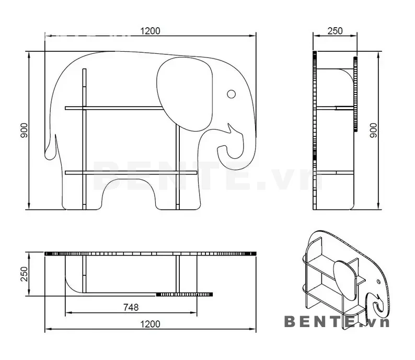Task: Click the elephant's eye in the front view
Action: tap(232, 94)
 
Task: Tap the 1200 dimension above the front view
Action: tap(150, 31)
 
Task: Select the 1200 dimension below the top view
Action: tap(150, 324)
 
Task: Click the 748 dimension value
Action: tap(131, 307)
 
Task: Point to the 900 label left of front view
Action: tap(24, 131)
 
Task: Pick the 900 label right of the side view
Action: tap(373, 131)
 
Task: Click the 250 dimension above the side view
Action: tap(335, 31)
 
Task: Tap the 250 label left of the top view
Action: tap(24, 274)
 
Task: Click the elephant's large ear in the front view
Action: tap(185, 94)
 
